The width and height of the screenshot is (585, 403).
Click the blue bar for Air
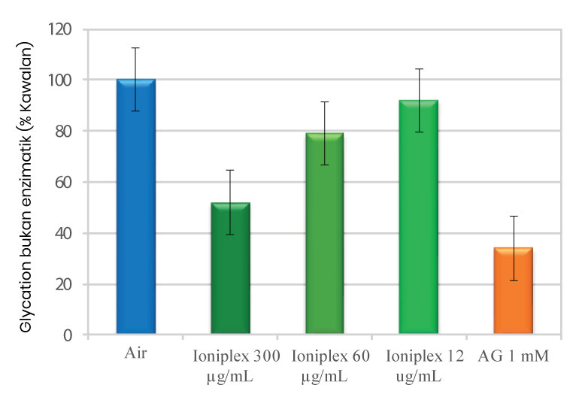136,207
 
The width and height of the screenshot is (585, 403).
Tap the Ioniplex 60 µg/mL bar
325,234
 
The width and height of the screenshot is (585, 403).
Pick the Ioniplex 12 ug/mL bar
419,217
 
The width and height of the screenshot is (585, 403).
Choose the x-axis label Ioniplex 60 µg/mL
326,362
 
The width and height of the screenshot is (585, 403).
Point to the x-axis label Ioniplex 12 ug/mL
419,362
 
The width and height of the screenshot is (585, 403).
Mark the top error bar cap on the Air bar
136,48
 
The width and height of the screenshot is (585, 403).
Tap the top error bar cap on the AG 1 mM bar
514,217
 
